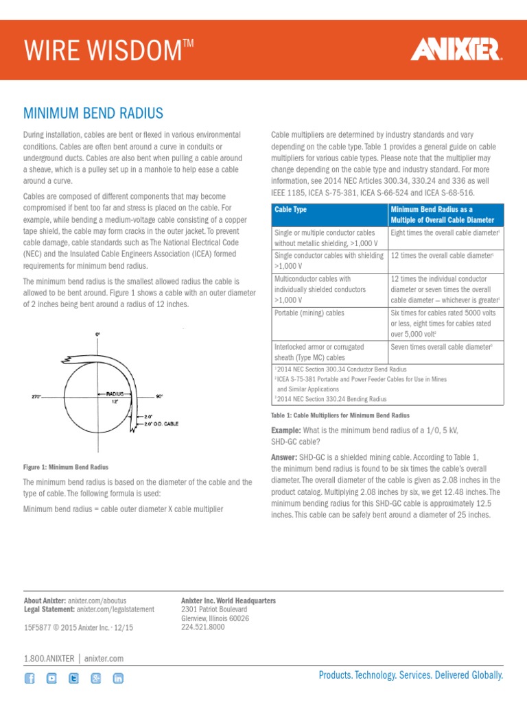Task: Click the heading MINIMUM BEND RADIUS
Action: [x=93, y=112]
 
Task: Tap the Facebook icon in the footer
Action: [x=30, y=678]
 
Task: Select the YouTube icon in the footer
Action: [x=51, y=678]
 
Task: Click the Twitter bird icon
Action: [x=73, y=678]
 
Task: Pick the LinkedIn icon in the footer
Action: [x=118, y=678]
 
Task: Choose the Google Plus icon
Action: [x=96, y=678]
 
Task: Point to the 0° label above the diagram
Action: [x=97, y=334]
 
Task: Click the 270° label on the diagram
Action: [x=38, y=396]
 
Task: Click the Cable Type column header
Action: [x=290, y=209]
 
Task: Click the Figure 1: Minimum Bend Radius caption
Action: [x=66, y=467]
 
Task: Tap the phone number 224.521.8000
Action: [x=202, y=627]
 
